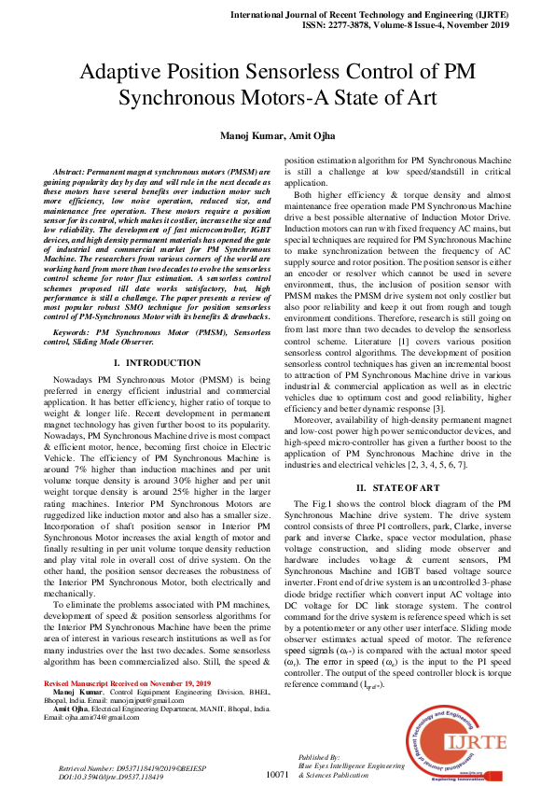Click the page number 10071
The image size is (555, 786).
(281, 774)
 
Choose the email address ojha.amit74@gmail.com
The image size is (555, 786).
(91, 717)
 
